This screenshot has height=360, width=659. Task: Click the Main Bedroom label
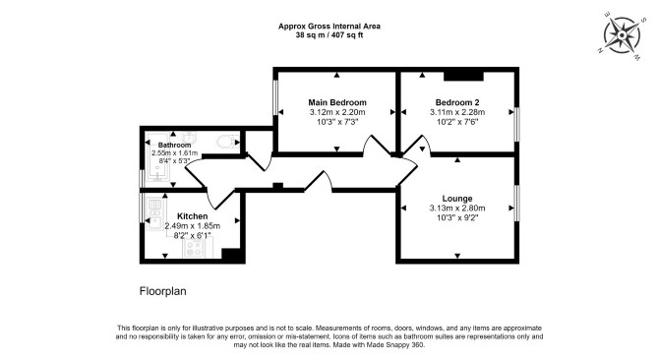point(337,102)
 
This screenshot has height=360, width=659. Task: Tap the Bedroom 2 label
point(457,102)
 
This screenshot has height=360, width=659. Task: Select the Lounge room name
point(457,199)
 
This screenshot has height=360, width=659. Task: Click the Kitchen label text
point(193,216)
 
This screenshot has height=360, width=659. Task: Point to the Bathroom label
point(174,146)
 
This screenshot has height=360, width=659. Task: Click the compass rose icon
point(622,35)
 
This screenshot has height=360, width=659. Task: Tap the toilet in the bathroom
point(228,142)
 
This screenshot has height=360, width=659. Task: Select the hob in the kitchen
point(194,248)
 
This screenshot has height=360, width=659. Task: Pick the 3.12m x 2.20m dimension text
point(337,112)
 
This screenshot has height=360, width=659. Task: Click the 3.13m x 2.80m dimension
point(457,209)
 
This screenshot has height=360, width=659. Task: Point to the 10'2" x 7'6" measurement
point(457,122)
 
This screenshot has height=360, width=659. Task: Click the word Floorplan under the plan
point(162,291)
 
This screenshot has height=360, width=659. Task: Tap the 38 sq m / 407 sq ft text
point(329,35)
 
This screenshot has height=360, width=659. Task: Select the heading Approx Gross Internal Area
point(329,26)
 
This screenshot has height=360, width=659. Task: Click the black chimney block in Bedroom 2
point(464,76)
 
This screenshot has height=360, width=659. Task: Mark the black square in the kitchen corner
point(231,255)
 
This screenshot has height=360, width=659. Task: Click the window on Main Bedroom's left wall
point(275,97)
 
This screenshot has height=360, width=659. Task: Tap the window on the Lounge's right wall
point(517,203)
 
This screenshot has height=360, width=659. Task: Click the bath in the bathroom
point(157,159)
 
